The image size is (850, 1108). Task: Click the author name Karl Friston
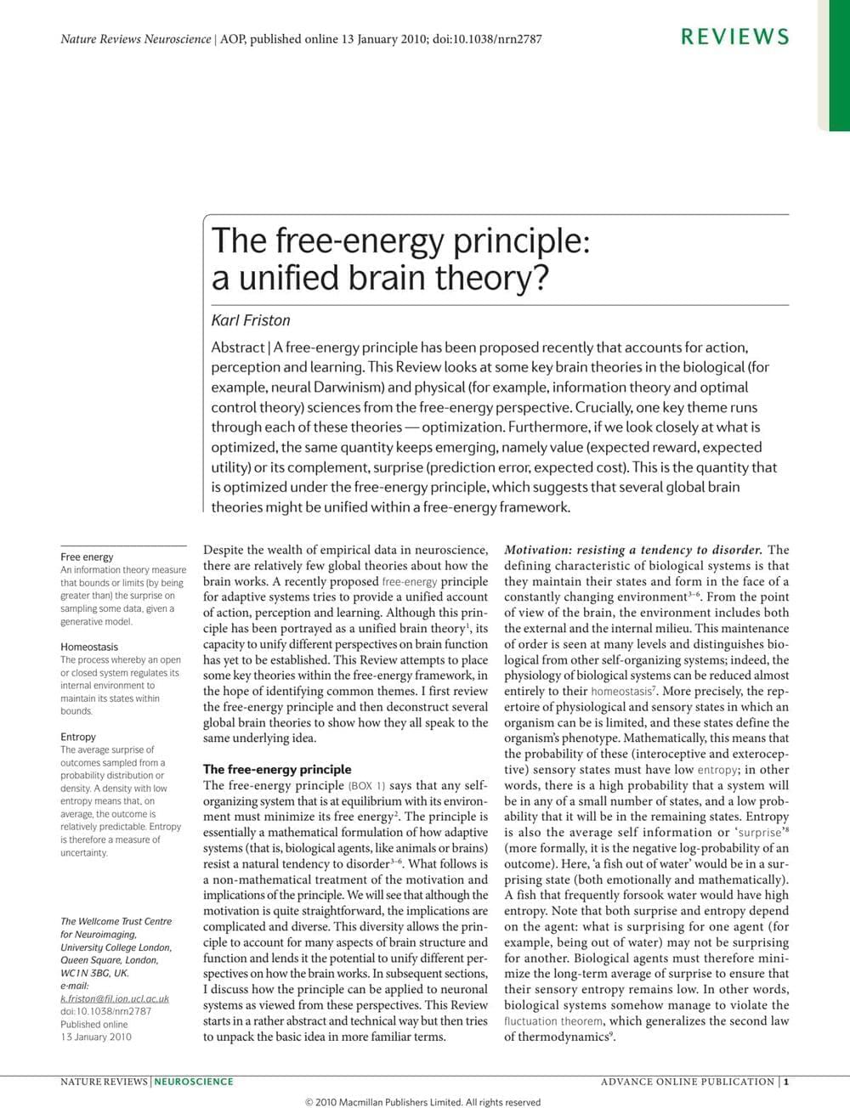click(251, 320)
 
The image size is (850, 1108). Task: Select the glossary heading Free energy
click(87, 557)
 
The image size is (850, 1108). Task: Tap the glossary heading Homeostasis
click(89, 647)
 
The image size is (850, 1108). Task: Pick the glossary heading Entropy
click(78, 737)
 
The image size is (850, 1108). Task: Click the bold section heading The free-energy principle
click(277, 769)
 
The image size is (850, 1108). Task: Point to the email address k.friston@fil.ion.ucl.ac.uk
click(115, 998)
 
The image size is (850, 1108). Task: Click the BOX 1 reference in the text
click(366, 786)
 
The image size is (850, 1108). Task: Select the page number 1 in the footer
click(787, 1082)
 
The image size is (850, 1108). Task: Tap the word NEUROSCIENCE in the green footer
click(194, 1082)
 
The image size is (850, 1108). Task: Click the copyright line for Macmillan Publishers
click(422, 1102)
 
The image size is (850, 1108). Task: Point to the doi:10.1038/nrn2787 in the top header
click(487, 39)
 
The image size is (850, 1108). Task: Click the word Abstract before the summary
click(237, 348)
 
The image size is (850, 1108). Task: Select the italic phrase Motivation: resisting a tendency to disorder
click(633, 550)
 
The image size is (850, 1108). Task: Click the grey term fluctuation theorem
click(555, 1020)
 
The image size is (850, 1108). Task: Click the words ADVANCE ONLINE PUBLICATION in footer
click(688, 1082)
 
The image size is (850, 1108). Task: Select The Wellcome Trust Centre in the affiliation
click(116, 921)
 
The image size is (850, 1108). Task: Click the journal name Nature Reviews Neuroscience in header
click(136, 39)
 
